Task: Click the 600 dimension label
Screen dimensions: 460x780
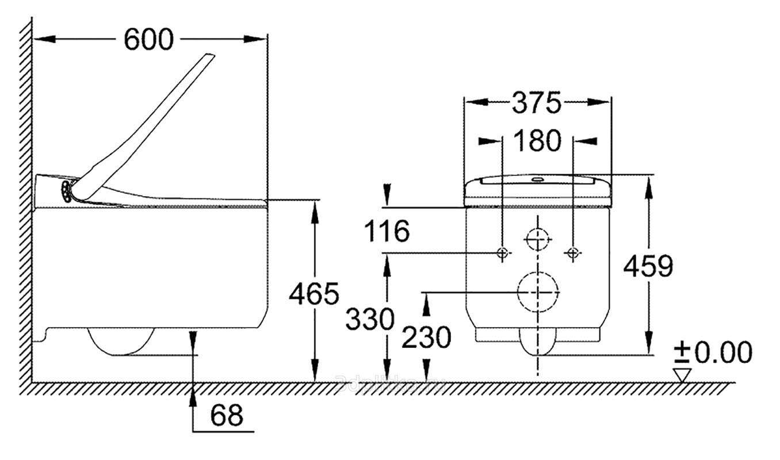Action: click(x=148, y=40)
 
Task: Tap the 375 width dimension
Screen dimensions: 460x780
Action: click(x=536, y=103)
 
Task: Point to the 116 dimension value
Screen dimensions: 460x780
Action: click(x=387, y=231)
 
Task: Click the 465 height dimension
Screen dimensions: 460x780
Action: click(x=313, y=294)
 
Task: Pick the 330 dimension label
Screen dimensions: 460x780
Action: click(x=370, y=319)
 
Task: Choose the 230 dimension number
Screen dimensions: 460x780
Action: click(x=426, y=338)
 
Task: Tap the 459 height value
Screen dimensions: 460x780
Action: click(x=648, y=266)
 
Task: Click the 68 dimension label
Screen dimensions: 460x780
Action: click(x=226, y=415)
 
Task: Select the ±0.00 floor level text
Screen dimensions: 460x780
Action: click(x=713, y=352)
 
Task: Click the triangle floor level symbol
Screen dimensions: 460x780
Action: click(x=682, y=375)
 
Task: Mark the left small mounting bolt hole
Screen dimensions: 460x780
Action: click(x=502, y=252)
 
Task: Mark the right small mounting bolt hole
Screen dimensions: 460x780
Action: click(x=572, y=252)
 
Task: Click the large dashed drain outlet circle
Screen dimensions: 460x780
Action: click(x=538, y=292)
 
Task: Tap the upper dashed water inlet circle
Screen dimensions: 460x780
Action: click(x=538, y=239)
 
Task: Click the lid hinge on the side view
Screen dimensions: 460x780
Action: click(x=68, y=190)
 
